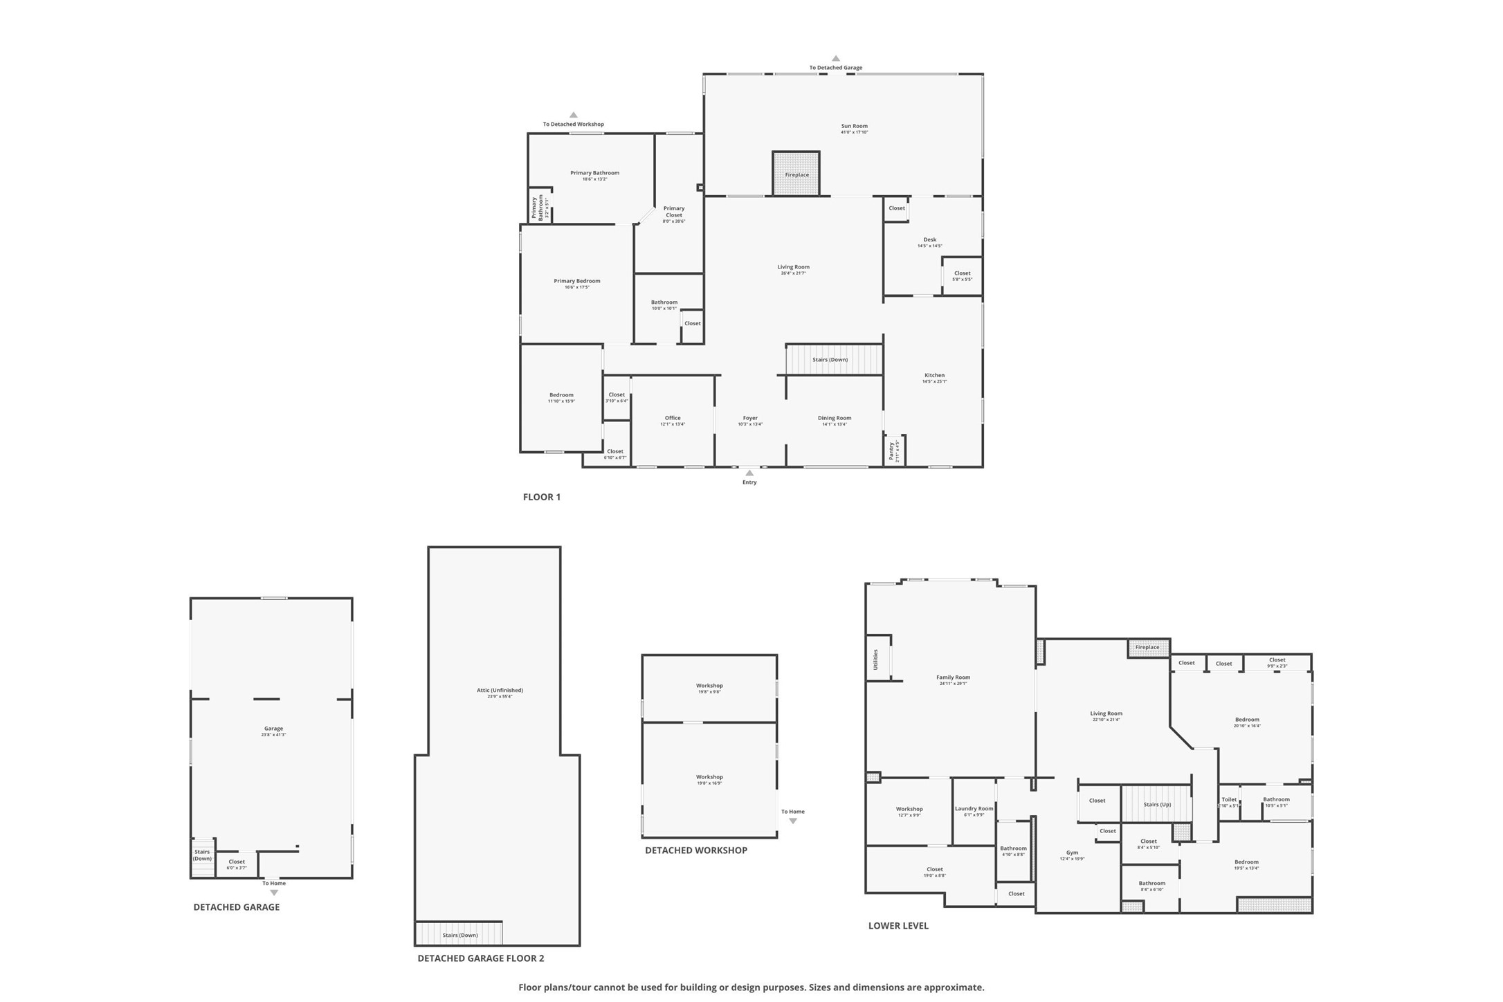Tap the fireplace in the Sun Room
pyautogui.click(x=796, y=174)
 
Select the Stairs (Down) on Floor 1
pyautogui.click(x=833, y=360)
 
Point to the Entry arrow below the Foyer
pyautogui.click(x=749, y=473)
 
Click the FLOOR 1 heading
pyautogui.click(x=541, y=497)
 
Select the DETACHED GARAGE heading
pyautogui.click(x=236, y=907)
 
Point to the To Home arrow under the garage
pyautogui.click(x=274, y=892)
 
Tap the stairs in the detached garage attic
pyautogui.click(x=459, y=934)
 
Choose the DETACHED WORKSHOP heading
pyautogui.click(x=695, y=850)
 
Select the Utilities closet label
pyautogui.click(x=875, y=659)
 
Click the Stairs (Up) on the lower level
pyautogui.click(x=1156, y=805)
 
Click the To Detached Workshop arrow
pyautogui.click(x=573, y=116)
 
